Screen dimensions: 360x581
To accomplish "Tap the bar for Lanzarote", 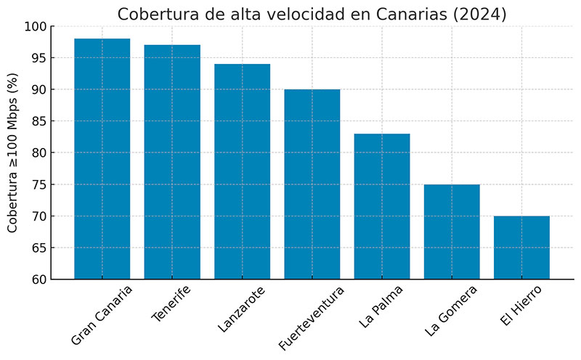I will tap(242, 171).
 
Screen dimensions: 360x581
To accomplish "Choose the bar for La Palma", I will tap(382, 206).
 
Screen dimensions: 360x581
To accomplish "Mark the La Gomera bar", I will tap(452, 232).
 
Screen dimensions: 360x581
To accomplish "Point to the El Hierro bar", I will tap(521, 247).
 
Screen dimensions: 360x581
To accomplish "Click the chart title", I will tap(312, 15).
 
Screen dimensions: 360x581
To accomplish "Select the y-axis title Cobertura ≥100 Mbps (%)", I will tap(13, 152).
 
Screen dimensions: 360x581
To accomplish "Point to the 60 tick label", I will tap(39, 279).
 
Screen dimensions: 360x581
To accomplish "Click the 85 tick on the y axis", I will tap(39, 121).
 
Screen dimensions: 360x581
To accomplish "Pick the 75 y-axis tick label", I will tap(39, 184).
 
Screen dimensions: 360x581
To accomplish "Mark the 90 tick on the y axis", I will tap(39, 90).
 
